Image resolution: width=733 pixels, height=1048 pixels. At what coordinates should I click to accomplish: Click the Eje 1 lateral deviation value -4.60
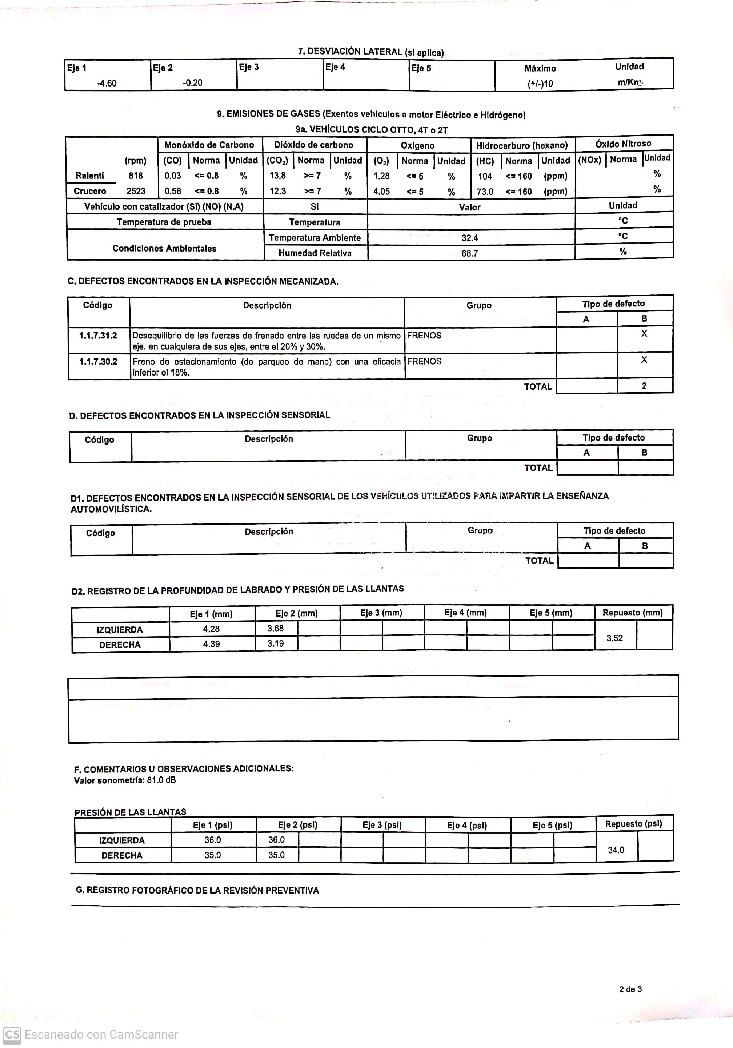click(107, 83)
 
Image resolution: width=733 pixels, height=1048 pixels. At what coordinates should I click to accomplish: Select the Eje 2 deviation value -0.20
click(193, 83)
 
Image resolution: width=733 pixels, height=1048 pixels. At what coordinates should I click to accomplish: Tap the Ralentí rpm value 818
click(136, 175)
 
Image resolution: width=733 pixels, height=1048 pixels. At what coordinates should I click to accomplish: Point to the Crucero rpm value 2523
click(136, 191)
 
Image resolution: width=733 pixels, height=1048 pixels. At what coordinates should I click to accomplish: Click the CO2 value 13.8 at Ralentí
click(277, 176)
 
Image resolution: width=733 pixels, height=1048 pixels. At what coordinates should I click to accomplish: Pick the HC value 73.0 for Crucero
click(485, 192)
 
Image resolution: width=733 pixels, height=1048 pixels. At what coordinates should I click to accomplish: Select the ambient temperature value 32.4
click(470, 238)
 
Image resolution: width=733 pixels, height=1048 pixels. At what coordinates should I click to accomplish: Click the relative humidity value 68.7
click(470, 253)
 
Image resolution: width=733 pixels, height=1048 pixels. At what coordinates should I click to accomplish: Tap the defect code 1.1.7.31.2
click(98, 336)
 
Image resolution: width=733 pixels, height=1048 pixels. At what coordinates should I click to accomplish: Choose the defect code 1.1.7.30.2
click(98, 361)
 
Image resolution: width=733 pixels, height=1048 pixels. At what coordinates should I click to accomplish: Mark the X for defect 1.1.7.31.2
click(644, 334)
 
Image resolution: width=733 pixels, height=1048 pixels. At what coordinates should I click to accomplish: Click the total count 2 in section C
click(644, 386)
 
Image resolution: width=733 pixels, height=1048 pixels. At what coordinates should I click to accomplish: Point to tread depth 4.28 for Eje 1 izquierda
click(211, 629)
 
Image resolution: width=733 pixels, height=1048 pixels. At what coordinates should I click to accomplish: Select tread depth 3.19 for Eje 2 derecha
click(276, 643)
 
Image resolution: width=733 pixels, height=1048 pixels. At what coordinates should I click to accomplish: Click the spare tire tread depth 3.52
click(615, 638)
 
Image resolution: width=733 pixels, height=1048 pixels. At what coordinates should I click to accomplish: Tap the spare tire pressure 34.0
click(616, 850)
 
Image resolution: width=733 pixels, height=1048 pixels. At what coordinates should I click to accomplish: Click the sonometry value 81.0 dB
click(161, 780)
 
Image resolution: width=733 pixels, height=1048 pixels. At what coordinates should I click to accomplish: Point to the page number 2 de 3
click(630, 989)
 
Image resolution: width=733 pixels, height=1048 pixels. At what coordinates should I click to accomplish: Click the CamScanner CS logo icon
click(12, 1034)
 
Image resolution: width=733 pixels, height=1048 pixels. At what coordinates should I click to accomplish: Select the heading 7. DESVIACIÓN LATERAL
click(370, 52)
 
